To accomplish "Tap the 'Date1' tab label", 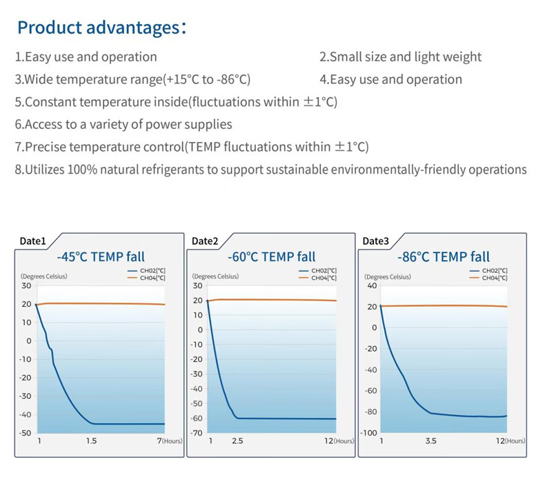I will click(x=32, y=241).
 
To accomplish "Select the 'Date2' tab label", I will click(x=205, y=241).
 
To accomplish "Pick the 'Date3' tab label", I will click(x=376, y=241).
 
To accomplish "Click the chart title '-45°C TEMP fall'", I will click(x=101, y=257).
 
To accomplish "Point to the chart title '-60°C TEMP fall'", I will click(x=271, y=257).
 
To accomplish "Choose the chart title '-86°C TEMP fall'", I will click(x=444, y=257).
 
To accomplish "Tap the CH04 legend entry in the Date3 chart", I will click(x=495, y=278).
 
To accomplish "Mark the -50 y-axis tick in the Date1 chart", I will click(x=25, y=433).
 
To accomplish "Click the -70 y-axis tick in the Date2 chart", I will click(x=197, y=433).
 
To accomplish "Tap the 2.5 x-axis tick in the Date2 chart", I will click(x=237, y=441).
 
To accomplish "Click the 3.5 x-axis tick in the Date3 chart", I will click(x=430, y=441).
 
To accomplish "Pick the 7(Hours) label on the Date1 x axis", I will click(x=168, y=441).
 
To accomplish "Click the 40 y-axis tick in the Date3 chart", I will click(x=373, y=285).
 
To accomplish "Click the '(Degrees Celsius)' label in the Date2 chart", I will click(x=216, y=277).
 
